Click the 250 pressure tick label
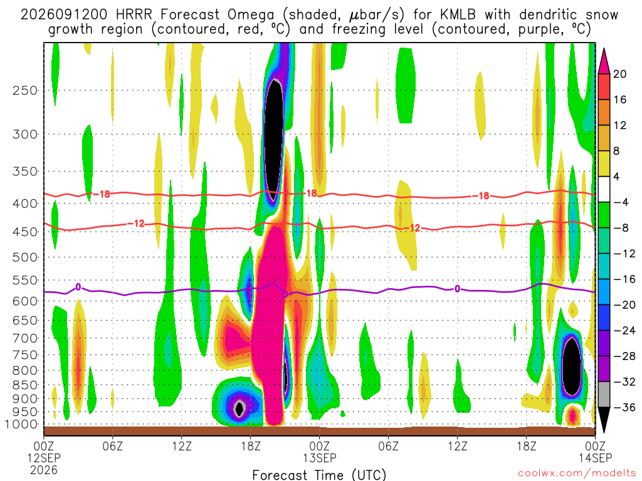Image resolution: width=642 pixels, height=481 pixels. [x=25, y=90]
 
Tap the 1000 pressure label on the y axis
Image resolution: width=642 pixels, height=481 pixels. [x=21, y=424]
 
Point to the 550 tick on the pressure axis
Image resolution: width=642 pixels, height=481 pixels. [x=25, y=280]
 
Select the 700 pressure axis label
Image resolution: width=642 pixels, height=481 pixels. [x=25, y=338]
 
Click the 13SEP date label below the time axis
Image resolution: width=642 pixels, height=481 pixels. [x=319, y=458]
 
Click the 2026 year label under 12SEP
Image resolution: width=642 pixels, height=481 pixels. [x=44, y=470]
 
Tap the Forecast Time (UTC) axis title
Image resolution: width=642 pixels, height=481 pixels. [x=319, y=475]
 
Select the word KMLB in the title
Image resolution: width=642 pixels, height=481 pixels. [x=458, y=15]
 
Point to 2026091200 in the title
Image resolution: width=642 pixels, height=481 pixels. [x=64, y=15]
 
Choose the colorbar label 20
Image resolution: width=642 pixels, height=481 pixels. [x=619, y=74]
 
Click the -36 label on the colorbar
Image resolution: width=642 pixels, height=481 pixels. [x=624, y=407]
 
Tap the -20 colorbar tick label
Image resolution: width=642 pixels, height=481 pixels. [x=624, y=305]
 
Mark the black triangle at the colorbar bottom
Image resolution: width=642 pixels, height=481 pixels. [x=604, y=419]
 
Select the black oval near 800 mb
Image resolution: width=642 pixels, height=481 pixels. [x=571, y=365]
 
